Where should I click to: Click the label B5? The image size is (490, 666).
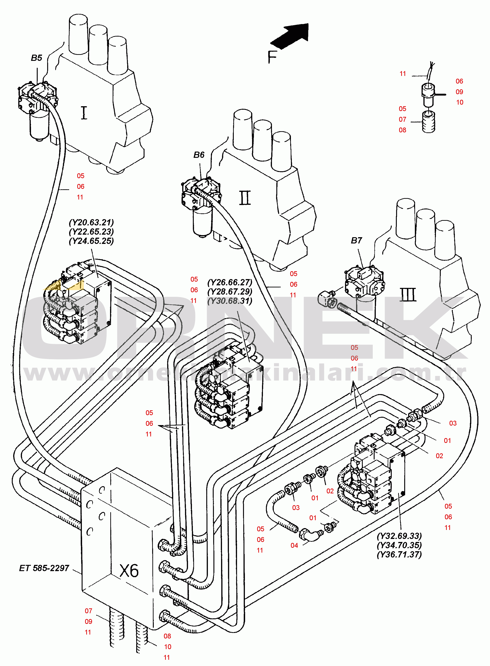click(x=37, y=58)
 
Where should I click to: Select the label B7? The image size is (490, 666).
click(x=356, y=240)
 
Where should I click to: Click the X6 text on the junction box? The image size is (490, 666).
click(x=129, y=570)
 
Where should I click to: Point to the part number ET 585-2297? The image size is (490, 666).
click(x=44, y=568)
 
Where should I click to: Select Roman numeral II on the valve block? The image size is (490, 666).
click(x=245, y=198)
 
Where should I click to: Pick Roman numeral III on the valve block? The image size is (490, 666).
click(x=408, y=295)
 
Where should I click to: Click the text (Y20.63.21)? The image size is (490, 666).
click(x=91, y=222)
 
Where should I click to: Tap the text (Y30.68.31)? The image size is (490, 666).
click(x=230, y=301)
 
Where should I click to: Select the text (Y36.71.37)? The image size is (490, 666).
click(x=399, y=554)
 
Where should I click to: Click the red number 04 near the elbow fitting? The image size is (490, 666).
click(x=294, y=545)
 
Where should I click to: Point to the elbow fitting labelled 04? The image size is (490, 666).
click(x=311, y=536)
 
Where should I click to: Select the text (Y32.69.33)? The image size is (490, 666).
click(x=399, y=536)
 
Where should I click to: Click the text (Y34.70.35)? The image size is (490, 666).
click(x=399, y=545)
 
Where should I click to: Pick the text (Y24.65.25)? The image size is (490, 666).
click(x=91, y=241)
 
